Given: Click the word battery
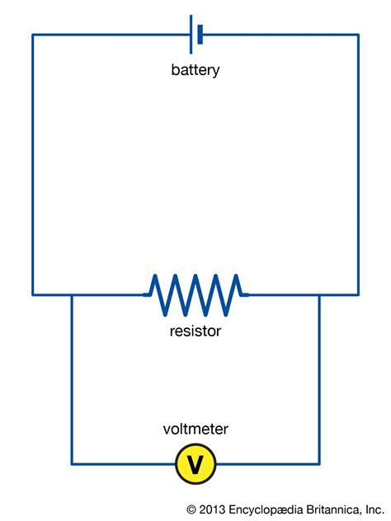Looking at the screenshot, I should pos(195,70).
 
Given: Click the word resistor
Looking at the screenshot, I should pos(195,332).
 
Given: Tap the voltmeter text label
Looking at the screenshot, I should pos(195,429).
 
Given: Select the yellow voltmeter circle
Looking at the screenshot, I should pos(195,464).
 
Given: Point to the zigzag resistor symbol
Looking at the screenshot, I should pos(195,294).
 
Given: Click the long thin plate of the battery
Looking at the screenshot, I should pos(191,35).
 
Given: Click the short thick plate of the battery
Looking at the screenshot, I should pos(200,35).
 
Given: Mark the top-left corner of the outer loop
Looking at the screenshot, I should pos(33,35).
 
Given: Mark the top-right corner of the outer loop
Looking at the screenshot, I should pos(358,35).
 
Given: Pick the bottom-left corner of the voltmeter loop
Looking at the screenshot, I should pos(72,463).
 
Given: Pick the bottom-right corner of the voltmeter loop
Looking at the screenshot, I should pos(319,463).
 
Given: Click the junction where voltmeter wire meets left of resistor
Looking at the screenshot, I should pos(72,294).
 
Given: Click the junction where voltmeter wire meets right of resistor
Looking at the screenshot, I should pos(319,294).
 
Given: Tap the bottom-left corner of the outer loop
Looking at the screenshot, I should pos(33,294).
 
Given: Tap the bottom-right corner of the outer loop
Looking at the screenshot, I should pos(358,294).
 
